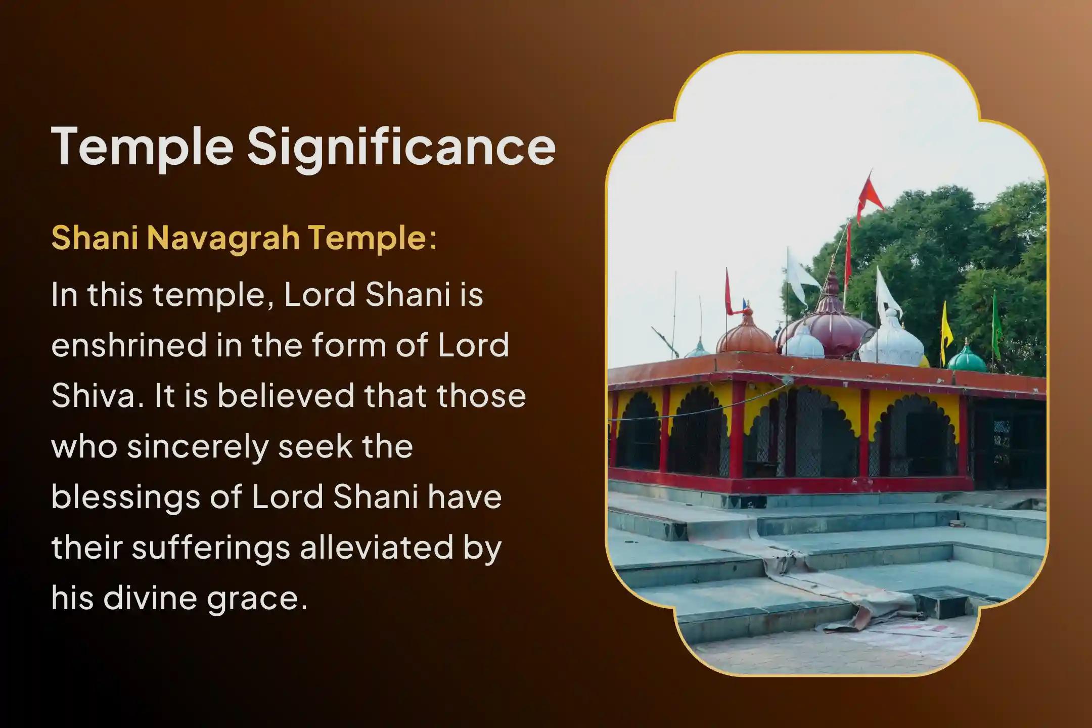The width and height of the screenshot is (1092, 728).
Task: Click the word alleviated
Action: [x=376, y=547]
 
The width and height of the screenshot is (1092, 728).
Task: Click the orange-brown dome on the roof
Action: [x=746, y=334]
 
